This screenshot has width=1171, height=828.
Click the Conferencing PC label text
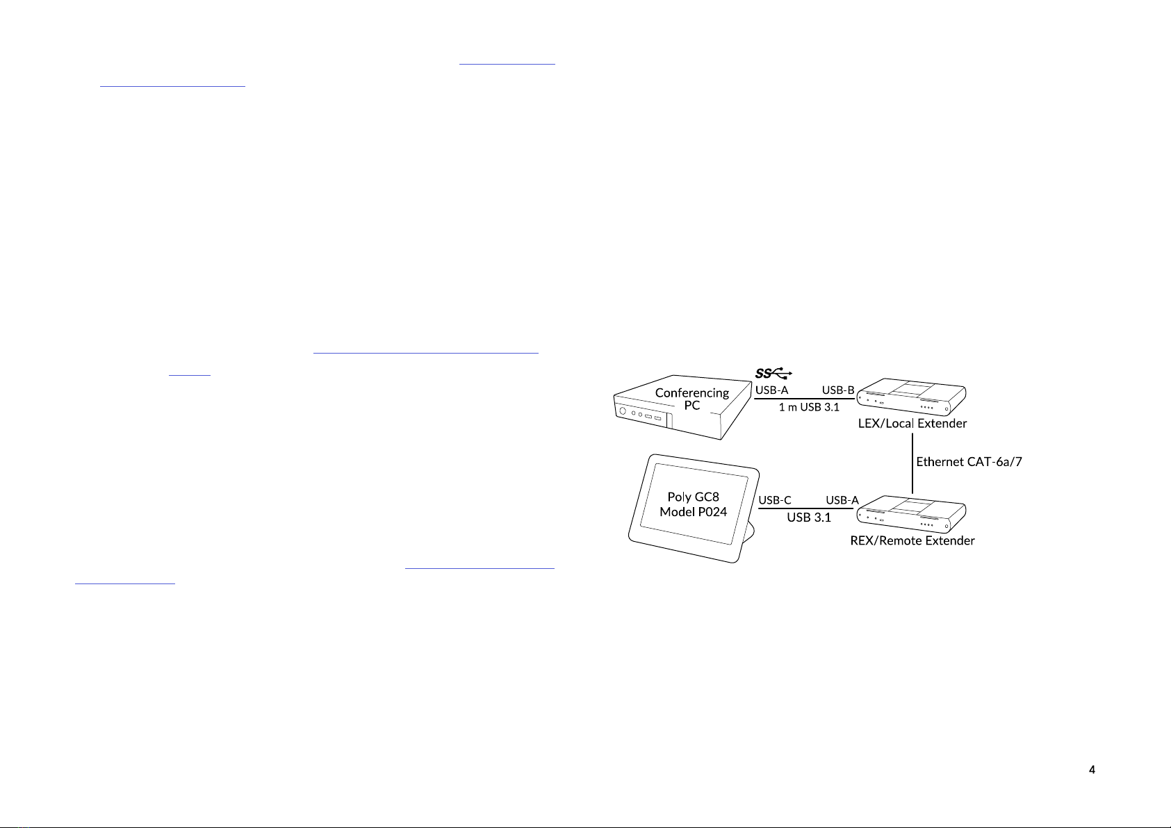(x=691, y=399)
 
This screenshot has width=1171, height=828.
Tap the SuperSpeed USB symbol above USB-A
(x=773, y=373)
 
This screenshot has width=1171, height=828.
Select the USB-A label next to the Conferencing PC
(x=771, y=390)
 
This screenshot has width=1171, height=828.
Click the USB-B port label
(x=838, y=390)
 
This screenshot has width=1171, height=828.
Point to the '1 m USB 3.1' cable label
(x=809, y=408)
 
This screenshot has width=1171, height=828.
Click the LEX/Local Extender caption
(x=912, y=424)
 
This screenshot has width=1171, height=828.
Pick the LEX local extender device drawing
(x=911, y=397)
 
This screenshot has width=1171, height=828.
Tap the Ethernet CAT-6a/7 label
(x=969, y=462)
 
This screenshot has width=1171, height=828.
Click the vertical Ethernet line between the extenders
(x=912, y=463)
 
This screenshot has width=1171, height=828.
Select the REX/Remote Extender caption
(x=912, y=540)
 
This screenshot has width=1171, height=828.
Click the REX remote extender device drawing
(x=911, y=514)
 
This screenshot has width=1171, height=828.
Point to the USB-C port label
(x=775, y=500)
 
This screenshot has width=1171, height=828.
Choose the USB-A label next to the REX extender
(x=842, y=500)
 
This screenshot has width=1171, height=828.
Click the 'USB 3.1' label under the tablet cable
(x=809, y=517)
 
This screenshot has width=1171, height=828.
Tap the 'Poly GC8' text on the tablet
(x=693, y=497)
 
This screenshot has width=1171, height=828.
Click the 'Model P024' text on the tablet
(x=693, y=512)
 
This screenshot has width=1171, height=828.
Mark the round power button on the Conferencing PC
(x=623, y=411)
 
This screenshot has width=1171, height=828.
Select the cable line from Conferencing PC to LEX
(x=805, y=399)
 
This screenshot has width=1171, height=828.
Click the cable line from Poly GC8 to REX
(x=806, y=508)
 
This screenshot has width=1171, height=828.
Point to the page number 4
(x=1092, y=770)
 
